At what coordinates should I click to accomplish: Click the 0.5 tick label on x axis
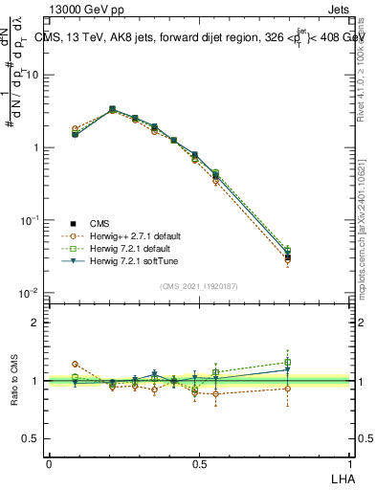[200, 463]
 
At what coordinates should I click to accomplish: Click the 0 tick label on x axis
[49, 463]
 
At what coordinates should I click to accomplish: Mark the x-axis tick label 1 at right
[351, 463]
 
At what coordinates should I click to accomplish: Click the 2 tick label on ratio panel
[36, 323]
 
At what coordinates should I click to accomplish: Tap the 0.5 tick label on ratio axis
[33, 438]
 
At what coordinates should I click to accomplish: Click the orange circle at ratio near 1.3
[76, 364]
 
